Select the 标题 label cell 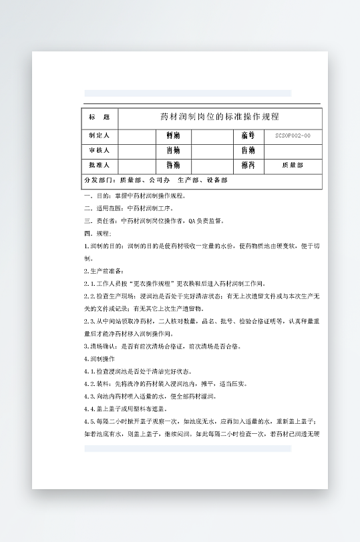pos(100,117)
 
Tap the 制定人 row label pos(100,135)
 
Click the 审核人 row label pos(100,150)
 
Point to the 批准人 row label pos(100,165)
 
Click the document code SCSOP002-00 pos(293,135)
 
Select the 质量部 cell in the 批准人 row pos(293,165)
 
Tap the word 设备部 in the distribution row pos(217,180)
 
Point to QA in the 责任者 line pos(193,220)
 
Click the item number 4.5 pos(91,421)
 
